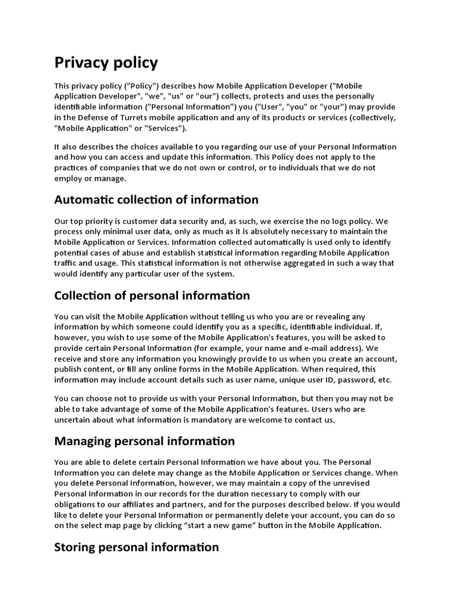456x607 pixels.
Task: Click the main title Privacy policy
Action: (106, 62)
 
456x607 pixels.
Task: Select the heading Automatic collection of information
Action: (156, 200)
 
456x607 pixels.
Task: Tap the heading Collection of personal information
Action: (152, 295)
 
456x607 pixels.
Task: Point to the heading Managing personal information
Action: (144, 441)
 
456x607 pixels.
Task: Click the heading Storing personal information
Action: (137, 547)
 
